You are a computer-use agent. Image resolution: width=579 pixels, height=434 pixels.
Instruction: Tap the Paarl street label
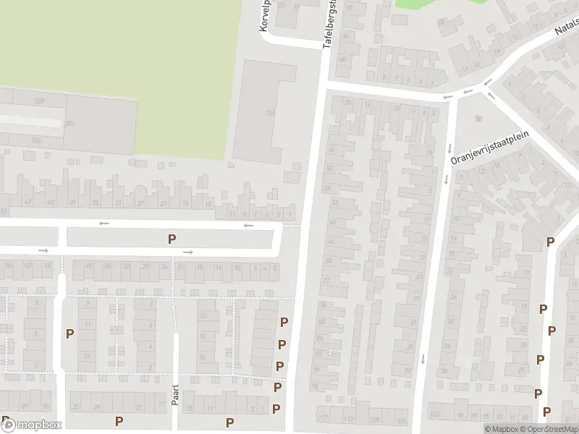[175, 394]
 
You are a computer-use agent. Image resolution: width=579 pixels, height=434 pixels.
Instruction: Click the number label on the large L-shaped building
[271, 113]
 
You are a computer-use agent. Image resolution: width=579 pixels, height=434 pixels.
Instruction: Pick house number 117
[324, 419]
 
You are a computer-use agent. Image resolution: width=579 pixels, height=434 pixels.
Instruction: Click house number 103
[434, 415]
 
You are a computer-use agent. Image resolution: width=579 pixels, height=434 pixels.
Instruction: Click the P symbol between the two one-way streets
[172, 239]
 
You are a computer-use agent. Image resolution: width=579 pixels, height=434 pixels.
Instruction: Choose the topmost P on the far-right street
[551, 242]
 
